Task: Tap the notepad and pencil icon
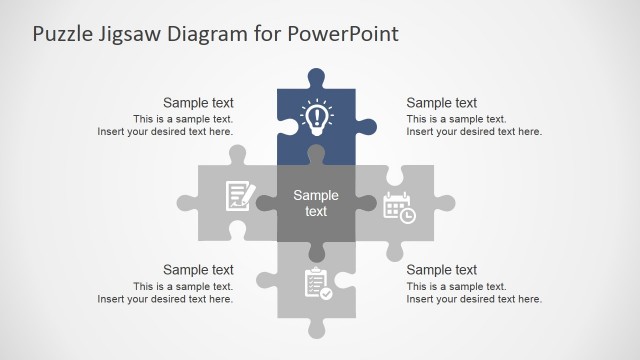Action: (238, 194)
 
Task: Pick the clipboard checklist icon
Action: (317, 283)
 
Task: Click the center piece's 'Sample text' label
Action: (316, 203)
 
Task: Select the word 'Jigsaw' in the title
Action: (132, 34)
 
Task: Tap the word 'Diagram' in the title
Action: (215, 34)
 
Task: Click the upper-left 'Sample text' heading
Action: (198, 102)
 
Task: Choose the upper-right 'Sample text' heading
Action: (442, 102)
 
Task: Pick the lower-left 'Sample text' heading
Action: (198, 269)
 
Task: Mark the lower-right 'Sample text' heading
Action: (442, 269)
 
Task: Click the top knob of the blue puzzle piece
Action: (316, 77)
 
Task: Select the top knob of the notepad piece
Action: (238, 155)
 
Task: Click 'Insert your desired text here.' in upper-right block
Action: (474, 131)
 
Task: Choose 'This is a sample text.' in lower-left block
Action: (183, 286)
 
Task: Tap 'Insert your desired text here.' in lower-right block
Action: (474, 299)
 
